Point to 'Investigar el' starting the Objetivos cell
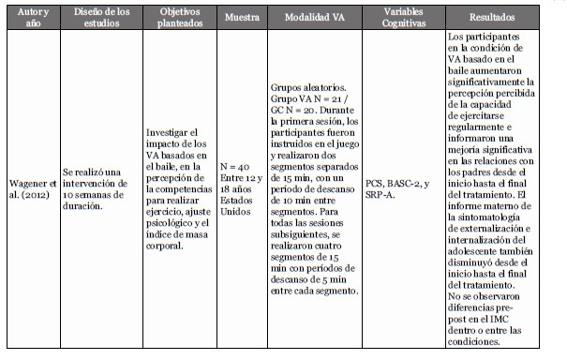coord(172,134)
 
